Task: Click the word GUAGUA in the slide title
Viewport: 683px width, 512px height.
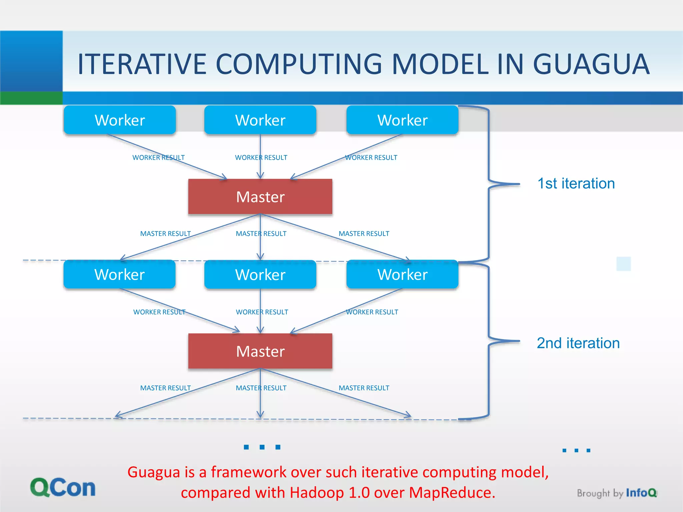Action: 591,64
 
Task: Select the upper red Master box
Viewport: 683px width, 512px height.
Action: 260,197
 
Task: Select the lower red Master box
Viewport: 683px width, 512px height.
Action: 260,351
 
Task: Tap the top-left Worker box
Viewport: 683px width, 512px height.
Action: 120,120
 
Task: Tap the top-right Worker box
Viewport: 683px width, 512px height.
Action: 402,120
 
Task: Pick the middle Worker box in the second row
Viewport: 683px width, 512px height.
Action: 260,275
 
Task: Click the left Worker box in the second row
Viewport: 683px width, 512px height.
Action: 119,275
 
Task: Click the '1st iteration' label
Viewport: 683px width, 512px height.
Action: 576,184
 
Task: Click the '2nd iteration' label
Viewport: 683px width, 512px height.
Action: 578,343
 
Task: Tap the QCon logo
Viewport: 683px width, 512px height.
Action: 63,488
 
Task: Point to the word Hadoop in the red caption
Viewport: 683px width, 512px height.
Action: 316,493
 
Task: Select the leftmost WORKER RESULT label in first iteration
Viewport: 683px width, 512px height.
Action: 158,157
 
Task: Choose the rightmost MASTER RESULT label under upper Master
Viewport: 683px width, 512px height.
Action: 364,234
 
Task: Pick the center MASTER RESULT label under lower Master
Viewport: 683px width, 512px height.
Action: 261,388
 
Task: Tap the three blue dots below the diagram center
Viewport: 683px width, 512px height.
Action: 262,447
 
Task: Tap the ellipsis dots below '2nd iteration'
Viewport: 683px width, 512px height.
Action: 576,450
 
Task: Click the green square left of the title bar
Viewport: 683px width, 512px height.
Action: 31,98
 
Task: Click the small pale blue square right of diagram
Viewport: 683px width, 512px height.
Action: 624,264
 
